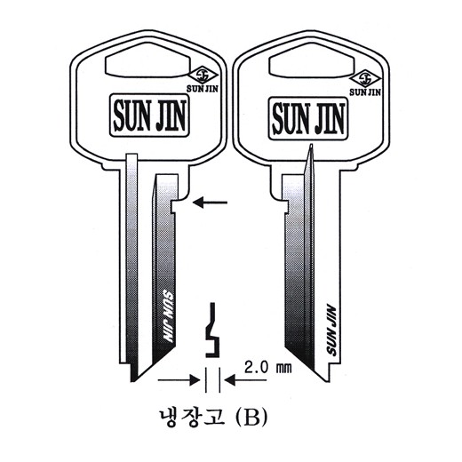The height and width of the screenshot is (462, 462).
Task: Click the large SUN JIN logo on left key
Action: pos(149,115)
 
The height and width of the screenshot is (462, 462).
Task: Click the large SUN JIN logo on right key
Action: pos(308,119)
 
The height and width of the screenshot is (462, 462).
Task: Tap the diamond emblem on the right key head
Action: pos(365,79)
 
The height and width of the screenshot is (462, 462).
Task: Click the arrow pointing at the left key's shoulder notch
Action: pos(210,203)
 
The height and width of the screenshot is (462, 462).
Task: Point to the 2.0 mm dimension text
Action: pos(268,368)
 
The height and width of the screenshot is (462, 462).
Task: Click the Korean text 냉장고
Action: pos(192,418)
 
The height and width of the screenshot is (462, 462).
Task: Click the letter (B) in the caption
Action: pos(251,418)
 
